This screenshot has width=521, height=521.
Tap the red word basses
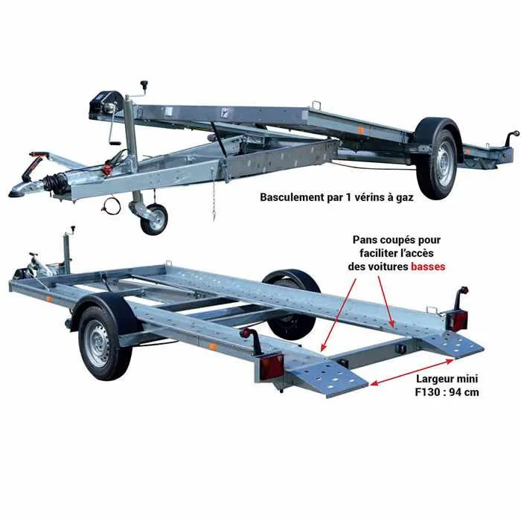428,266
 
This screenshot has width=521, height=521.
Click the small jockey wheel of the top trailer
154,220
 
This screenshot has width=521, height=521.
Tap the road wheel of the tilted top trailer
436,164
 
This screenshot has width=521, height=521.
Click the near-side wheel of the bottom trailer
101,342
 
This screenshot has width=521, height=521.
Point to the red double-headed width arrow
412,372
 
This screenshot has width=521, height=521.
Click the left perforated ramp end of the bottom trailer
329,379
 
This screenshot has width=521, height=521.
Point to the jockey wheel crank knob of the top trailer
144,83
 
